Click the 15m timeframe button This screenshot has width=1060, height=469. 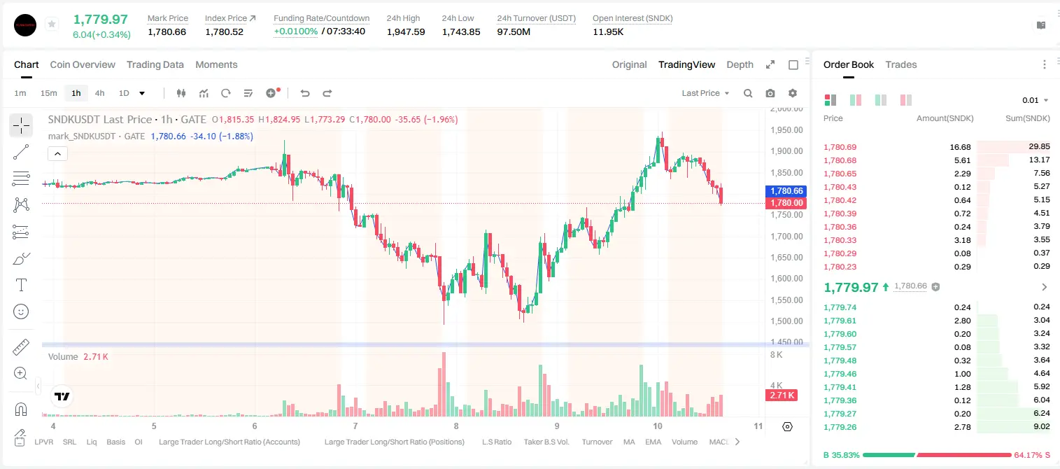click(49, 93)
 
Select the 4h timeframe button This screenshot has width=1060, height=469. click(99, 93)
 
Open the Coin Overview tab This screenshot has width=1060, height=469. click(83, 64)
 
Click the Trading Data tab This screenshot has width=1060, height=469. click(155, 64)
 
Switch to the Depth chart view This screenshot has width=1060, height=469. click(740, 64)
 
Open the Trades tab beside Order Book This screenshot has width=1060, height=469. click(901, 64)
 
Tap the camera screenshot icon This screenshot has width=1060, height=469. click(770, 93)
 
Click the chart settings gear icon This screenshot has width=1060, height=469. click(793, 93)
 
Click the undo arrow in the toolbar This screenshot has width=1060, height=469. click(305, 93)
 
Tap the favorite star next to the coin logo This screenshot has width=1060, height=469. click(52, 24)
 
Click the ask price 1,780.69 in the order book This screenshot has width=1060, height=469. click(840, 147)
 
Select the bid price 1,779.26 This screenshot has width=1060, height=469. click(840, 427)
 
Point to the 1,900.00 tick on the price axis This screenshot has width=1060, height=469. click(786, 151)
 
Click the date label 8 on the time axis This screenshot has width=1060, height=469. click(456, 426)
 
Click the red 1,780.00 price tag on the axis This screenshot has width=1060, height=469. click(786, 203)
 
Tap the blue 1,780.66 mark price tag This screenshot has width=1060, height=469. click(786, 191)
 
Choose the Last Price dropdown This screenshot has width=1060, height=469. click(705, 93)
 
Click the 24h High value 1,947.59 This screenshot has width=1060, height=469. click(406, 31)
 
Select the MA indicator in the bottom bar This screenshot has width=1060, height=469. click(629, 442)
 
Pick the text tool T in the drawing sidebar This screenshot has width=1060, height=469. click(21, 285)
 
